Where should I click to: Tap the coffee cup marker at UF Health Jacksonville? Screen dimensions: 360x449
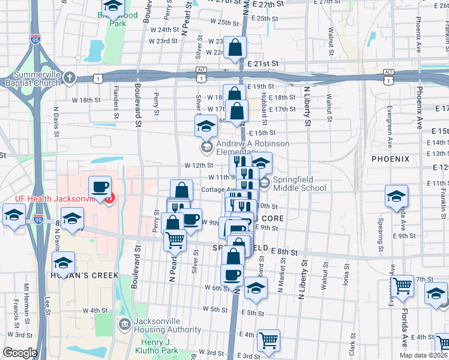coord(100,187)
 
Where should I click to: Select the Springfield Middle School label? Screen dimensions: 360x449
coord(300,184)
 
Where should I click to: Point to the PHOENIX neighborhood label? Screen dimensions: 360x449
coord(390,159)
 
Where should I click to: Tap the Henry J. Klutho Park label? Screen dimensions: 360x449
coord(161,345)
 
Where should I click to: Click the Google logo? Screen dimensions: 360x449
coord(20,353)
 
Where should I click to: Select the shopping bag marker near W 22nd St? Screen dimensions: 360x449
coord(235,47)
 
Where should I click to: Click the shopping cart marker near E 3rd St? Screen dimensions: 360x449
coord(268,340)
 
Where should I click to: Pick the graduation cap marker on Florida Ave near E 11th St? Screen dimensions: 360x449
coord(397,196)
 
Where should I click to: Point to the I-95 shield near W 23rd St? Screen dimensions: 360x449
coord(36,40)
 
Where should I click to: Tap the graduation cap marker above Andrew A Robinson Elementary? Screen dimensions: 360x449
coord(206,126)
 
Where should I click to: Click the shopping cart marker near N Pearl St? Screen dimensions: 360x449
coord(175,239)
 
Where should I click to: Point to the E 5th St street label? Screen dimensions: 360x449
coord(255,313)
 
